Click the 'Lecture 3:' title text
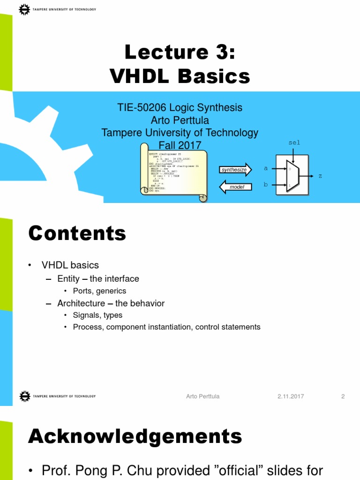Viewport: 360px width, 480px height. tap(180, 52)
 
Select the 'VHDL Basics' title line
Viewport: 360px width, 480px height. tap(180, 76)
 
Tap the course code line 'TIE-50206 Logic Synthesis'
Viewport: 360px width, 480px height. tap(180, 107)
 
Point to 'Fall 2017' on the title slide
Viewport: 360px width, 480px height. tap(180, 145)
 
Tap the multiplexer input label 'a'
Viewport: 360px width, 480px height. tap(266, 168)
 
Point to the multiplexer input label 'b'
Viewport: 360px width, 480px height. tap(266, 185)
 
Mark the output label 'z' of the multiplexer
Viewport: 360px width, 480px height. tap(320, 176)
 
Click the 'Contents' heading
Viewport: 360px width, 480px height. tap(77, 233)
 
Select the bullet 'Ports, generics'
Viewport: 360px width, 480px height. tap(99, 291)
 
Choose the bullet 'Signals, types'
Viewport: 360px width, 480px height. tap(97, 315)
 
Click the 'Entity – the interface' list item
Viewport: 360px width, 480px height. tap(98, 279)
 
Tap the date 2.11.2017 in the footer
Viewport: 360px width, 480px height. tap(291, 396)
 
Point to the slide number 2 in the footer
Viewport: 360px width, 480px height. tap(343, 396)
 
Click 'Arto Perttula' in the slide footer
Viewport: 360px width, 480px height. tap(202, 396)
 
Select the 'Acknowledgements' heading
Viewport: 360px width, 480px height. tap(135, 436)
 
